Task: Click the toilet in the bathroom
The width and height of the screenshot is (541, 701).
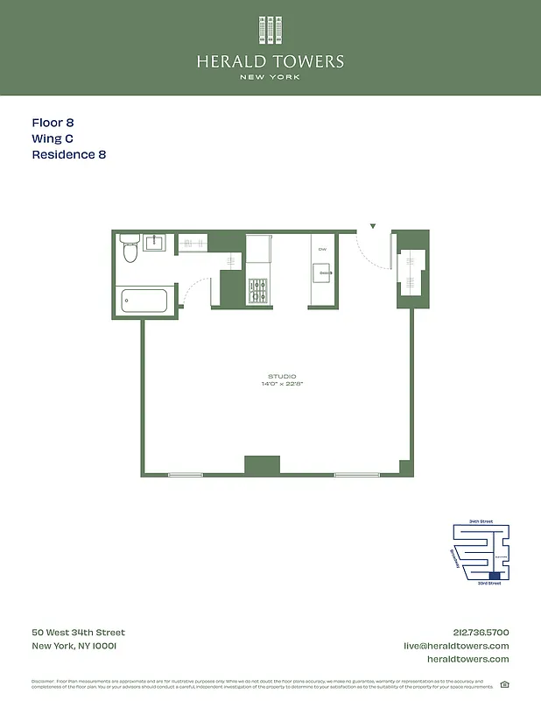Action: pyautogui.click(x=130, y=250)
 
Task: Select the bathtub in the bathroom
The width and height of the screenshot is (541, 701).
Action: pyautogui.click(x=144, y=301)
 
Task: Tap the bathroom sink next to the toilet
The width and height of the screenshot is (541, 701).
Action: pyautogui.click(x=154, y=242)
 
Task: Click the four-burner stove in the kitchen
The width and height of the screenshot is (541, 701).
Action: pyautogui.click(x=258, y=291)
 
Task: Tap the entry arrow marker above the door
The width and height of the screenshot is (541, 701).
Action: pyautogui.click(x=373, y=227)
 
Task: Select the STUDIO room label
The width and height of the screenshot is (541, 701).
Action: pyautogui.click(x=282, y=377)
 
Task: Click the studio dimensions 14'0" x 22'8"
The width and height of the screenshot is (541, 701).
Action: pyautogui.click(x=282, y=385)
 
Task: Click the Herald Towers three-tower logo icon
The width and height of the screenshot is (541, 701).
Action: pyautogui.click(x=270, y=30)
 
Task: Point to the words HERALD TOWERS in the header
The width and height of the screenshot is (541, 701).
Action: pyautogui.click(x=270, y=62)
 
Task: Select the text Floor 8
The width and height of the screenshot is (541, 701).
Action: pyautogui.click(x=59, y=124)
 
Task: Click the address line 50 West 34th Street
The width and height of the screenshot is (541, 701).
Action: pyautogui.click(x=78, y=633)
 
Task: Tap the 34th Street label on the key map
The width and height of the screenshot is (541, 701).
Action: pyautogui.click(x=481, y=521)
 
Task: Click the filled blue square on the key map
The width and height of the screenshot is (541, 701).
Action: pyautogui.click(x=496, y=576)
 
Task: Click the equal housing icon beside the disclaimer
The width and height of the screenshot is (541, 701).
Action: pyautogui.click(x=504, y=684)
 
